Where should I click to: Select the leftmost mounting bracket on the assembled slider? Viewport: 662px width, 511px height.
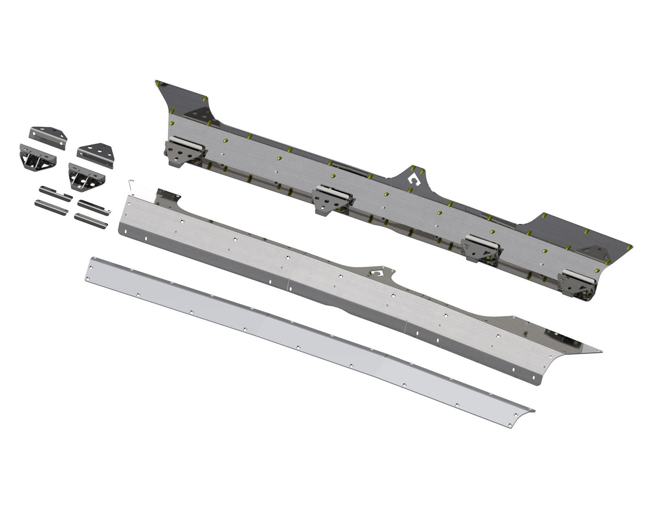point(184,151)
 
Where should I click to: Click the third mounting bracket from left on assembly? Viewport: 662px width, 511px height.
point(482,250)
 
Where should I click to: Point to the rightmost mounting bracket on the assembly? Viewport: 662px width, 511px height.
point(577,283)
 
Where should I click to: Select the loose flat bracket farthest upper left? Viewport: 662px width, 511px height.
point(49,137)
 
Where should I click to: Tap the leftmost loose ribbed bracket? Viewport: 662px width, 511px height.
point(37,158)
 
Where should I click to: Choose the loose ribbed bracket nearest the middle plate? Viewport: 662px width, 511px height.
point(86,178)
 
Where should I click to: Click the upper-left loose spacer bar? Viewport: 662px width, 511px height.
point(55,193)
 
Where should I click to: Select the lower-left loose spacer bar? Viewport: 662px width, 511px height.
point(51,207)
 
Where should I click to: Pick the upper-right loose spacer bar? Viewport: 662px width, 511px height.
point(94,207)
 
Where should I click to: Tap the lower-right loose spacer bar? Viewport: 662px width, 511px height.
point(91,221)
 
